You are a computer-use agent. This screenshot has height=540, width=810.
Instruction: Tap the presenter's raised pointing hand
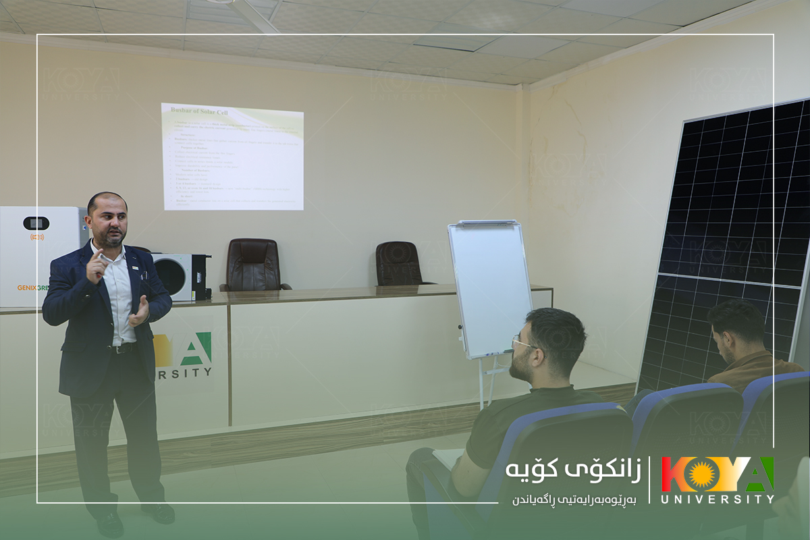click(97, 264)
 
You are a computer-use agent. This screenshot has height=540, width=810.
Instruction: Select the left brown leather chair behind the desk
click(254, 265)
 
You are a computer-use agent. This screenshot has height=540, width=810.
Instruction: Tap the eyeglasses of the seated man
click(523, 344)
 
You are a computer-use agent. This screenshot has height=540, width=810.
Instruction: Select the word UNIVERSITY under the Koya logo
click(717, 500)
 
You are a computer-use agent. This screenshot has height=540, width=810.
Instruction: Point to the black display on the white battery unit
click(36, 223)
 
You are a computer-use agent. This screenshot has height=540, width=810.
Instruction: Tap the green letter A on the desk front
click(196, 348)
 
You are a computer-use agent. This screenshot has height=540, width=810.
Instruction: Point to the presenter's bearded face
click(109, 222)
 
